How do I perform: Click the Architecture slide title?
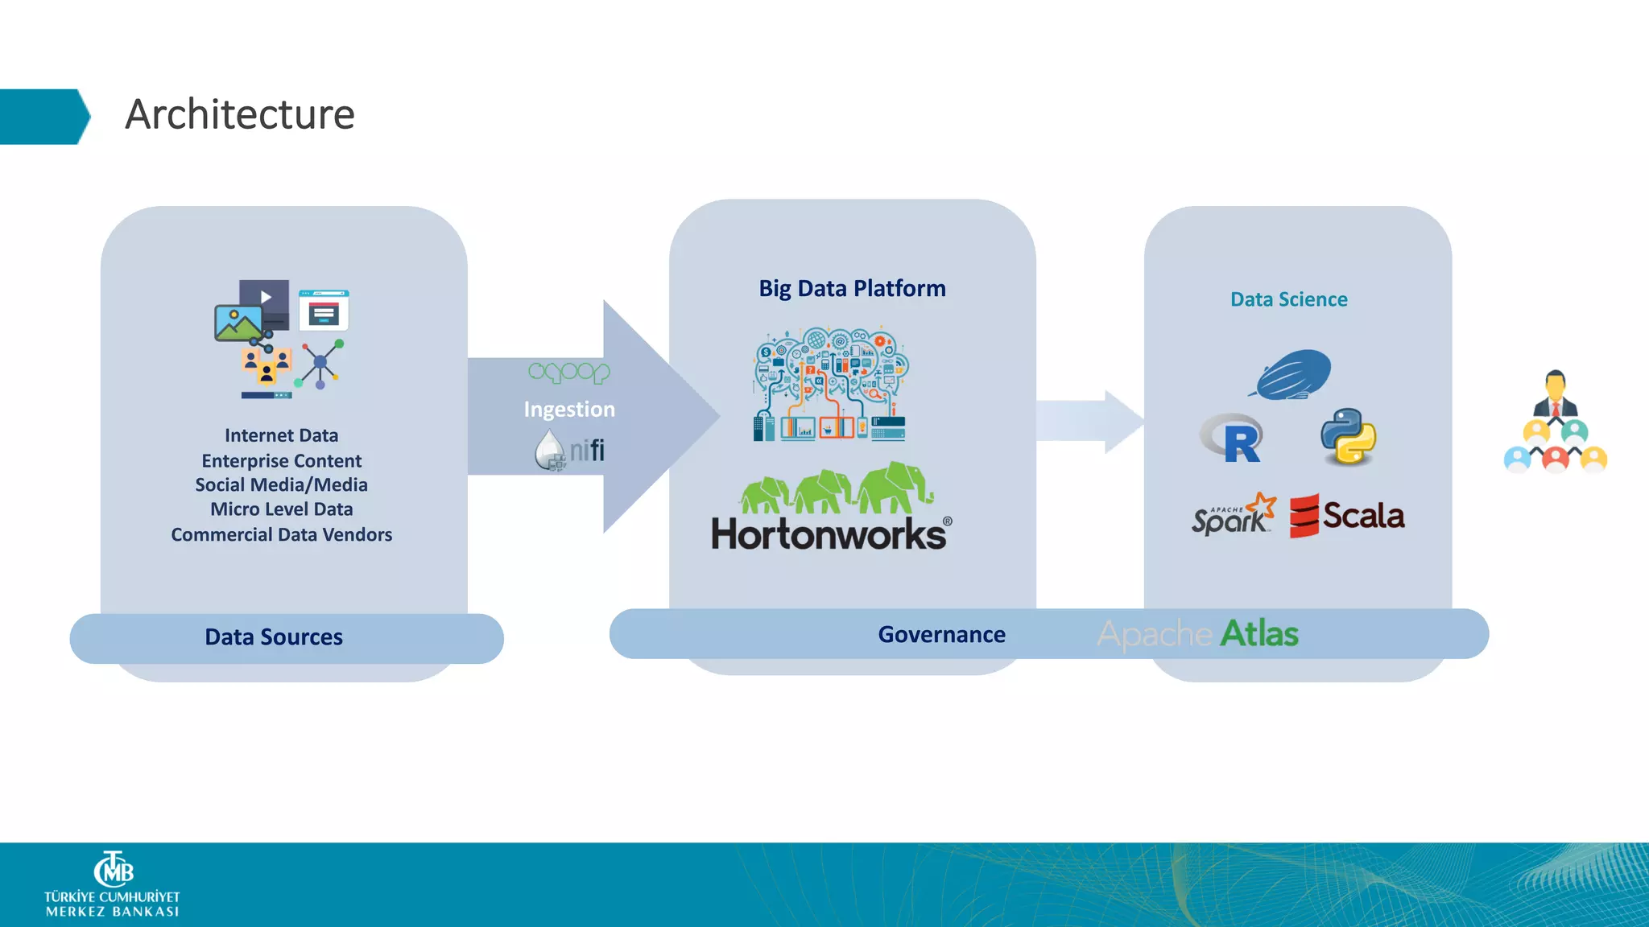click(x=239, y=114)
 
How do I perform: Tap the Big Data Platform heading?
click(x=852, y=288)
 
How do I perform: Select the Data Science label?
click(x=1288, y=299)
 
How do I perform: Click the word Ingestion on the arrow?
click(x=568, y=409)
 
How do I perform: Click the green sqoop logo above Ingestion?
click(x=568, y=372)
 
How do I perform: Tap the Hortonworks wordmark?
click(x=829, y=534)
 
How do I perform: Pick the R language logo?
click(x=1233, y=439)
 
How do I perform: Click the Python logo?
click(x=1348, y=436)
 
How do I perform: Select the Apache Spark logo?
click(x=1233, y=515)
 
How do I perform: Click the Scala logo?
click(x=1347, y=516)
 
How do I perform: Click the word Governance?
click(x=941, y=634)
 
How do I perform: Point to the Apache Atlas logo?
click(x=1197, y=634)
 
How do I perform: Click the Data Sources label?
click(x=274, y=637)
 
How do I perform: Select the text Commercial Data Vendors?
click(x=281, y=535)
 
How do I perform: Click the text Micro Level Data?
click(x=281, y=509)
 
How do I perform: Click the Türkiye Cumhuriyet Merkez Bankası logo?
click(x=112, y=884)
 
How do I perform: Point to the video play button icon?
click(x=265, y=297)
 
